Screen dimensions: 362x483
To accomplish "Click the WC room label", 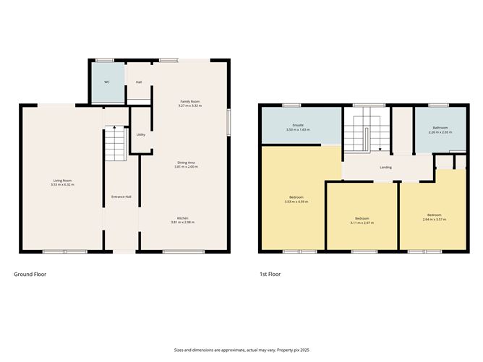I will (106, 82).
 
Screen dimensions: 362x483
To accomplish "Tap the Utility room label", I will (140, 135).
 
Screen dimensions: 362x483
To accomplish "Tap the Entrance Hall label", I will (121, 197).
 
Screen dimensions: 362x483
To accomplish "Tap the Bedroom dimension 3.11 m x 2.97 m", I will (362, 223).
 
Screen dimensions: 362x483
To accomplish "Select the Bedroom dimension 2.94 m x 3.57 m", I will (434, 219).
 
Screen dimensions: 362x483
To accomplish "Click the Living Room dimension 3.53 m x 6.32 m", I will (63, 185).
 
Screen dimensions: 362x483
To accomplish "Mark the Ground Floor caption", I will (31, 275).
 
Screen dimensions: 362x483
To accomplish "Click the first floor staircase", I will (367, 133).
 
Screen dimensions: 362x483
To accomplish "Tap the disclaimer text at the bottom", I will (241, 349).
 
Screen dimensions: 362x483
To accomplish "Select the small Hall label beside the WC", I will (138, 82).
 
